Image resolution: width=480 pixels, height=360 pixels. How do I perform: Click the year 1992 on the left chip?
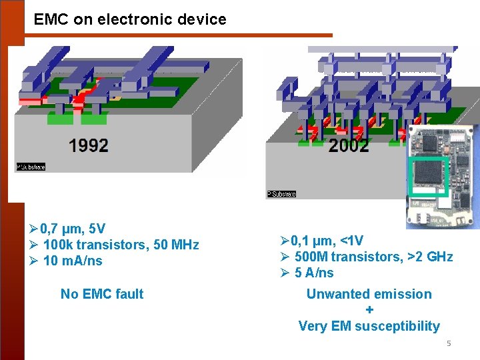pyautogui.click(x=88, y=145)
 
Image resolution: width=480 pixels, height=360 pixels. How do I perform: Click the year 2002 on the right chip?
pyautogui.click(x=349, y=145)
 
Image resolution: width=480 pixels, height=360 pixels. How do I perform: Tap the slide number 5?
pyautogui.click(x=449, y=343)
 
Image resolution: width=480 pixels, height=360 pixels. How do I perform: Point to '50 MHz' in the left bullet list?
pyautogui.click(x=176, y=245)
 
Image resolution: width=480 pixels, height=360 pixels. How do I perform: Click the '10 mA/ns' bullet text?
pyautogui.click(x=73, y=261)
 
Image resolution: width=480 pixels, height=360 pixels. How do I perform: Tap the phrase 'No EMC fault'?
pyautogui.click(x=102, y=293)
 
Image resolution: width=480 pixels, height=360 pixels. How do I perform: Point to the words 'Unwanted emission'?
pyautogui.click(x=369, y=294)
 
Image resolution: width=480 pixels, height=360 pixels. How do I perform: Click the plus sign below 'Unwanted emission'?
pyautogui.click(x=369, y=310)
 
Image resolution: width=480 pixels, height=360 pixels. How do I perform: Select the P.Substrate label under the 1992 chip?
pyautogui.click(x=31, y=167)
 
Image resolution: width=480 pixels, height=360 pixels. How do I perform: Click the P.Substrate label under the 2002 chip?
pyautogui.click(x=281, y=194)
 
